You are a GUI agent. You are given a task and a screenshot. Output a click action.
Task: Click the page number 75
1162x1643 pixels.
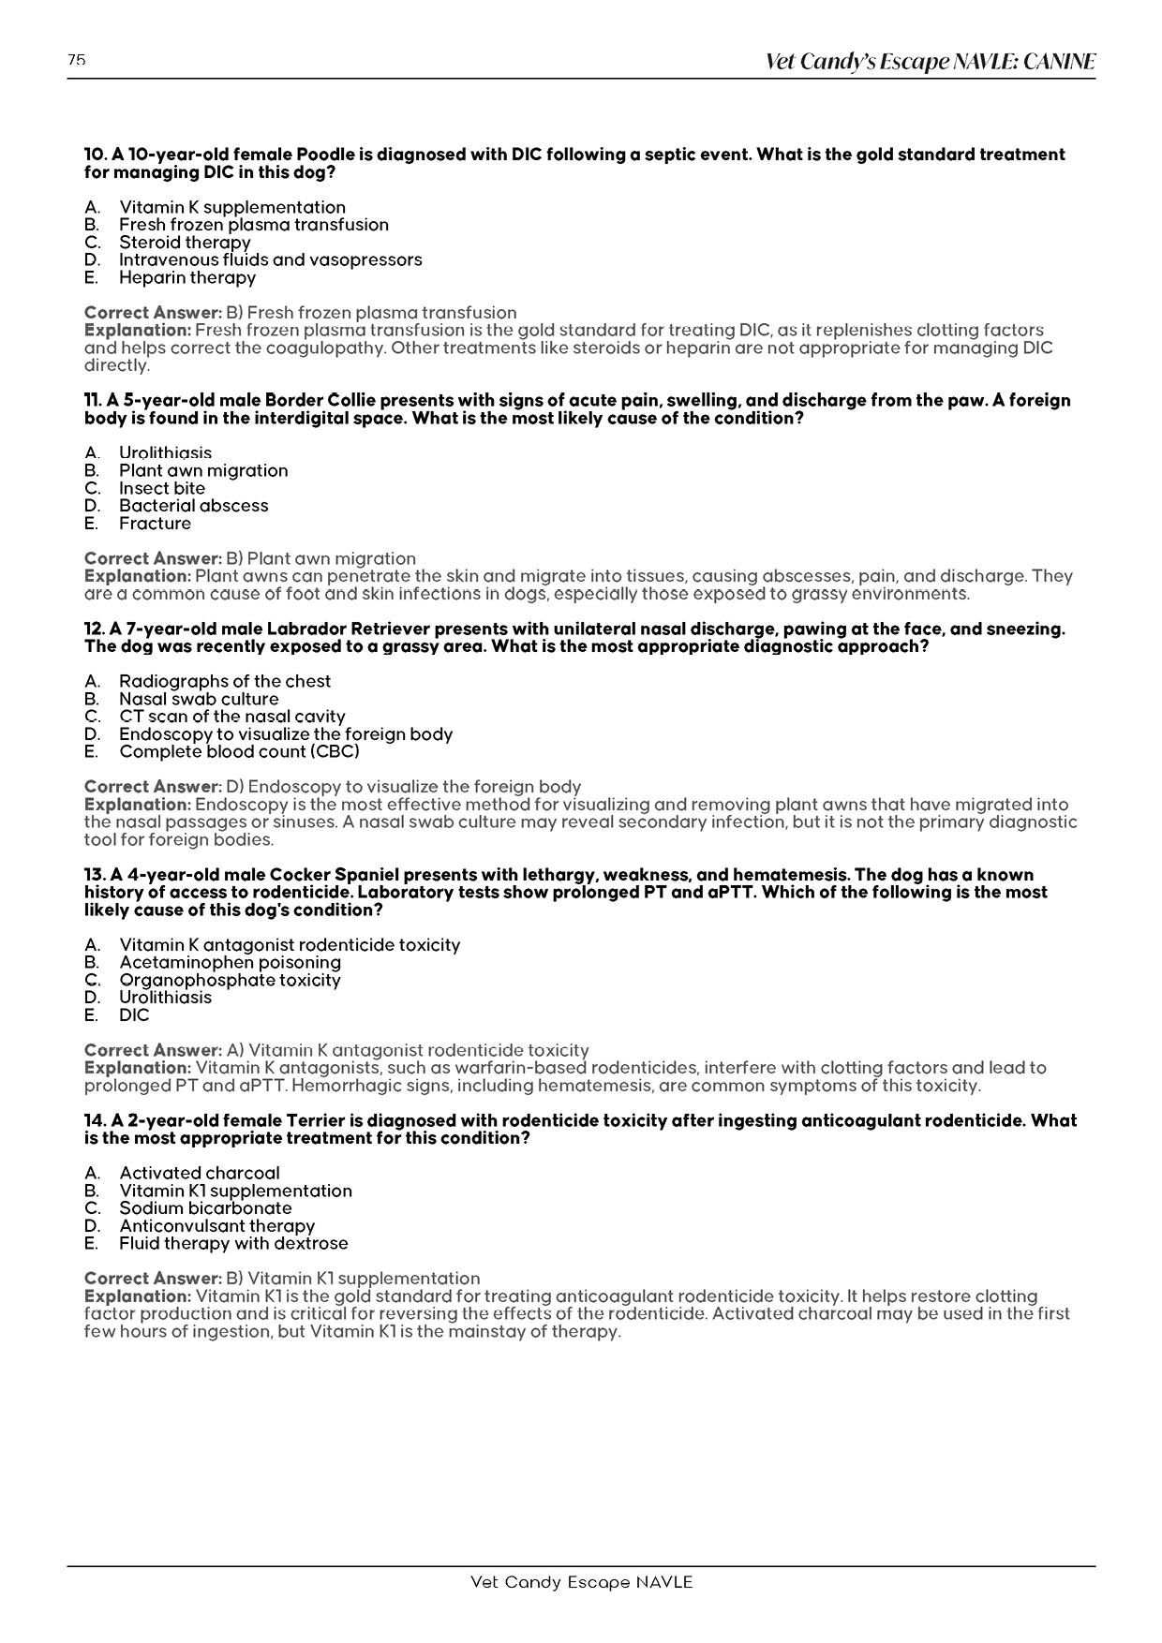tap(77, 60)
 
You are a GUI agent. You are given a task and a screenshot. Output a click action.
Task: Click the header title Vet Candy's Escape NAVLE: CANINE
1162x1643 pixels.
tap(930, 62)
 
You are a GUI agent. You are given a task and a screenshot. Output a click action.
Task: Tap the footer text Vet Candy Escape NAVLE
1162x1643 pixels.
tap(581, 1582)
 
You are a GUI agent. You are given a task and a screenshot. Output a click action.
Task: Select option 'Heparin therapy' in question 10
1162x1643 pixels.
tap(186, 277)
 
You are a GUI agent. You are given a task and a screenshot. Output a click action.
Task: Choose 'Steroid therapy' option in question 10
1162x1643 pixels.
tap(185, 242)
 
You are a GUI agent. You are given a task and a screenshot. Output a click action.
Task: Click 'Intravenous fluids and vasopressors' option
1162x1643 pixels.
tap(270, 259)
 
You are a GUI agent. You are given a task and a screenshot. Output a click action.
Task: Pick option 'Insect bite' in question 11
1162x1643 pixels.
tap(161, 488)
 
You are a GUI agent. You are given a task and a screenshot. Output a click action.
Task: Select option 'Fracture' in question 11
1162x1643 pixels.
tap(155, 523)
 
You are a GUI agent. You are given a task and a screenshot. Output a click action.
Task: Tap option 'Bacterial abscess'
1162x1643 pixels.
tap(193, 506)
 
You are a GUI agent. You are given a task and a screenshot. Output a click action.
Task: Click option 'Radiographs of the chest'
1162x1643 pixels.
tap(225, 681)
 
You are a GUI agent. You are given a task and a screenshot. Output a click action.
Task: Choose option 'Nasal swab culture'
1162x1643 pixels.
tap(199, 699)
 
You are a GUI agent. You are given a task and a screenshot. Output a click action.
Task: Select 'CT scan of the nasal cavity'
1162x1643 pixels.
tap(231, 717)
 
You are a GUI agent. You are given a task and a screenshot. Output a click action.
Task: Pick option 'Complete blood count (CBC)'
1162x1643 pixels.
tap(239, 751)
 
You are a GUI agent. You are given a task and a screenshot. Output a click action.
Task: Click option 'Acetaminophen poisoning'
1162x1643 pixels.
tap(230, 962)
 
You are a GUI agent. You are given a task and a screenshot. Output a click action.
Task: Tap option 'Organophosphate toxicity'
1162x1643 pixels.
tap(230, 980)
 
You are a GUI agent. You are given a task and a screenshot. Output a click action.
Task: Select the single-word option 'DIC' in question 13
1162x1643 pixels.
tap(134, 1014)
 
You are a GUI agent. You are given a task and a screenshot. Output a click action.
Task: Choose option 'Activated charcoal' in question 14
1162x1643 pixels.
tap(199, 1173)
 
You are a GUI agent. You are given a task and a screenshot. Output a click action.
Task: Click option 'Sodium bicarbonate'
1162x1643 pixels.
tap(205, 1207)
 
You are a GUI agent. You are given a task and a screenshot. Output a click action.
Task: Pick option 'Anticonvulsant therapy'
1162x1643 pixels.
tap(216, 1225)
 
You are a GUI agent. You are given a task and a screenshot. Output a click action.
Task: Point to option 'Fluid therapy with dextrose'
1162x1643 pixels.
tap(233, 1243)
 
